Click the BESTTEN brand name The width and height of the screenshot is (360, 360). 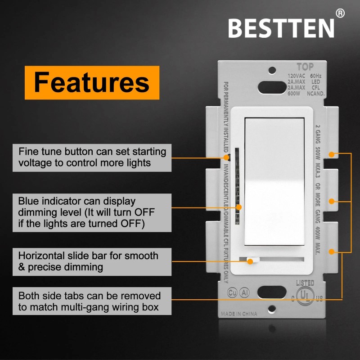[x=281, y=28]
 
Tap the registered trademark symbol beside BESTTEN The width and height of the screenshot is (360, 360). [x=340, y=13]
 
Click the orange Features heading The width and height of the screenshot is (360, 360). [x=92, y=83]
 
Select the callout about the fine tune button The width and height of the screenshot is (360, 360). [x=92, y=157]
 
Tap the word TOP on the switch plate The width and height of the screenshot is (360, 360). [x=305, y=67]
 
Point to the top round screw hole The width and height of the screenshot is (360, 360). [x=272, y=70]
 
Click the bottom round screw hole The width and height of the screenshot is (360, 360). [x=272, y=310]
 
